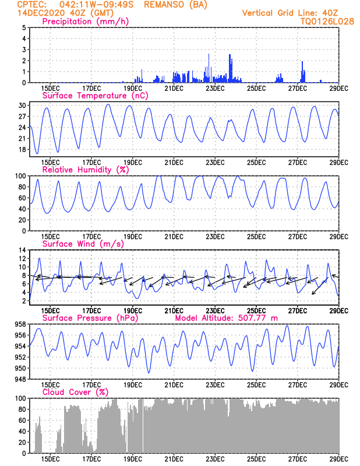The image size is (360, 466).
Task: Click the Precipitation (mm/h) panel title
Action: (x=86, y=22)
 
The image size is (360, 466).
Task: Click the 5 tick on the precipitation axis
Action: (x=23, y=27)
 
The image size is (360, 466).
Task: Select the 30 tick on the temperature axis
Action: (x=22, y=105)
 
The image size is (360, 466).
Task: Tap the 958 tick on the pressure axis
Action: (x=19, y=324)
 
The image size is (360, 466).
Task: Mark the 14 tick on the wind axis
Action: (x=22, y=250)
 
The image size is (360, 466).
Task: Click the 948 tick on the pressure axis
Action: (x=19, y=379)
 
